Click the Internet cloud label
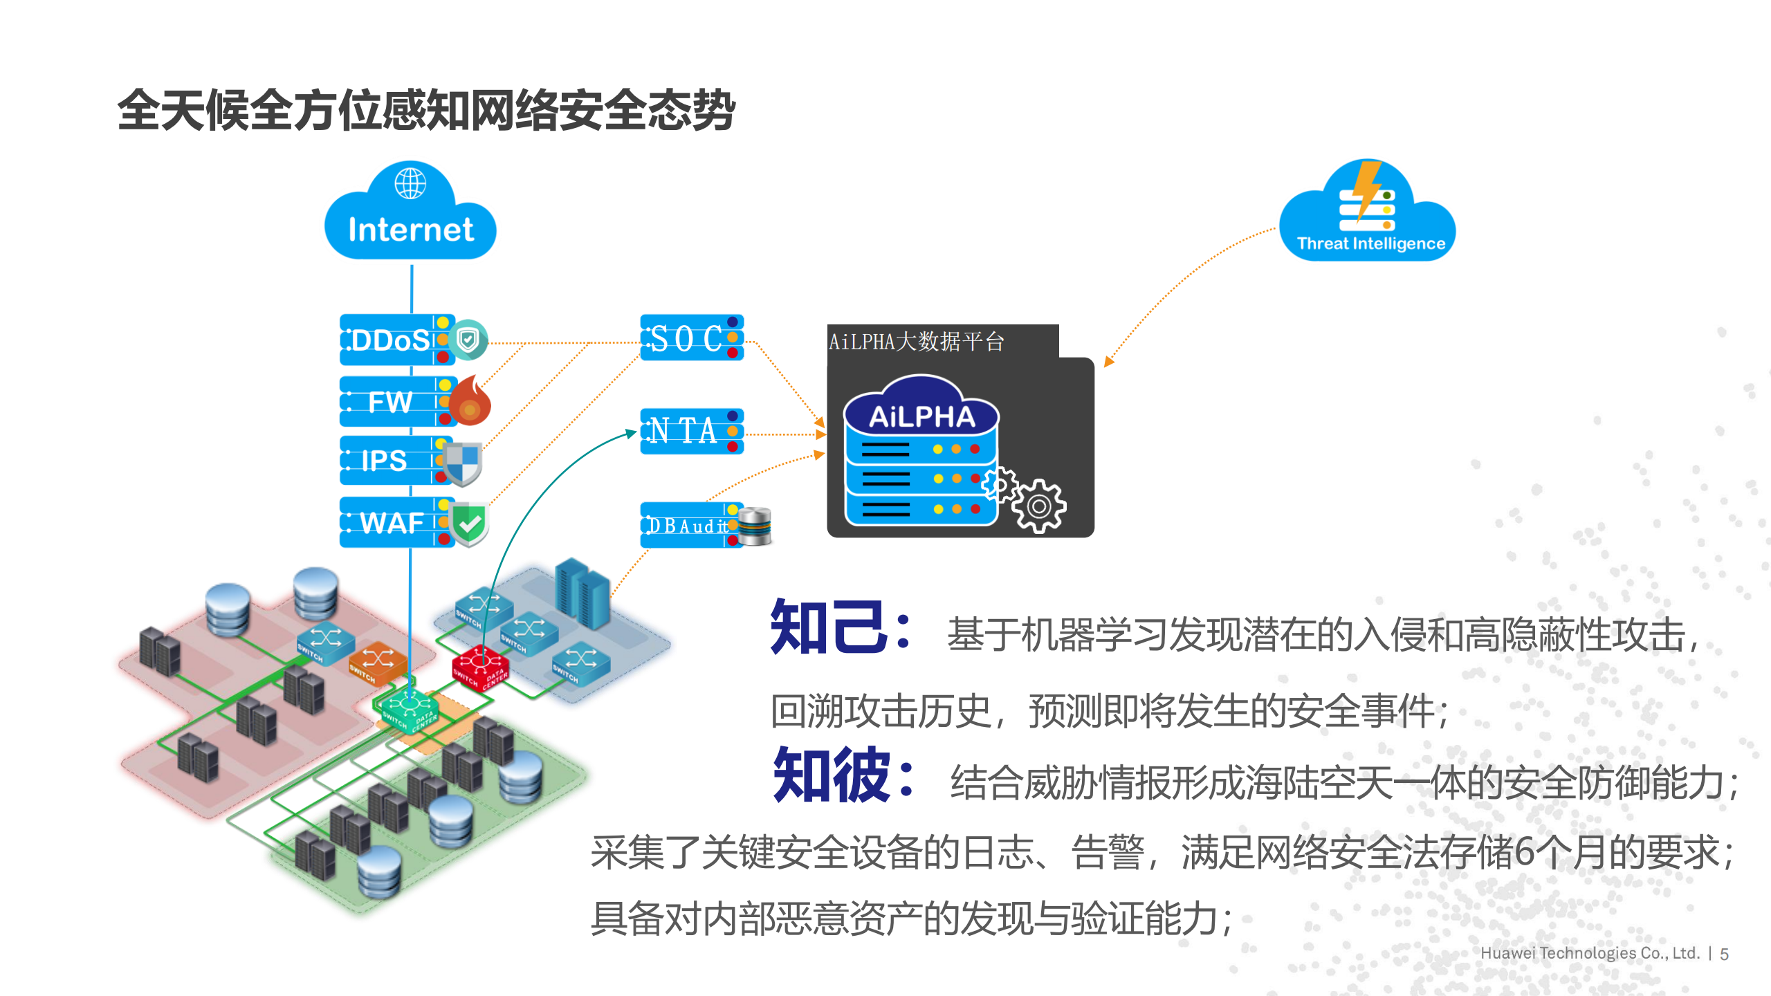411,230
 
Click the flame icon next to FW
470,400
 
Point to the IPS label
384,461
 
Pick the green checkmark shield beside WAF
470,524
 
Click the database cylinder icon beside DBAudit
754,526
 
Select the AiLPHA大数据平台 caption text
916,342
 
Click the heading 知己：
841,628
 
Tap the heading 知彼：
843,775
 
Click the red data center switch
480,667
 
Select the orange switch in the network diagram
377,662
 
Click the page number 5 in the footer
1724,954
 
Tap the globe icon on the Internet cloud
410,183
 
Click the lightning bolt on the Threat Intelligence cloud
1367,189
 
